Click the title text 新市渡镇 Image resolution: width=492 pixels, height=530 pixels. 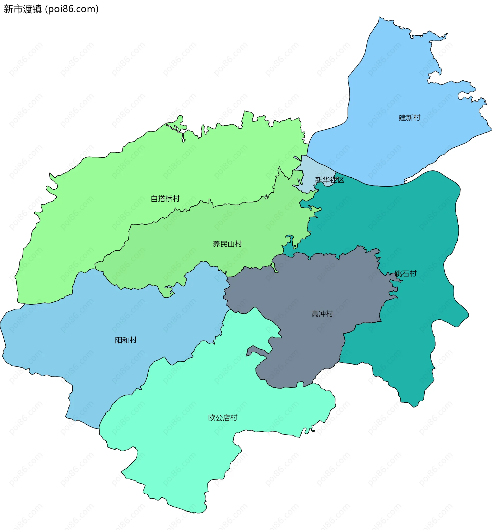tap(23, 9)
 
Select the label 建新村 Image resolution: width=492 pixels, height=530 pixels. tap(409, 117)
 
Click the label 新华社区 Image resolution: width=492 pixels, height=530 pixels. tap(329, 180)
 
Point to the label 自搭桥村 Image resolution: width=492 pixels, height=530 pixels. tap(165, 199)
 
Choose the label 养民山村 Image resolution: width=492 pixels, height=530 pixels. tap(227, 244)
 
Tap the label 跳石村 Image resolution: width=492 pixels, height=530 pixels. tap(405, 273)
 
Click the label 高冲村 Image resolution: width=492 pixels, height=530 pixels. tap(322, 314)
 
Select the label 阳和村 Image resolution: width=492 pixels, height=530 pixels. tap(126, 340)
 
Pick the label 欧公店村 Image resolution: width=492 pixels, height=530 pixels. tap(223, 417)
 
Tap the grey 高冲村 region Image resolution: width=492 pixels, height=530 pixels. tap(306, 288)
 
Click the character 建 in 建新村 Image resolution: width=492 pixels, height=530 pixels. tap(402, 117)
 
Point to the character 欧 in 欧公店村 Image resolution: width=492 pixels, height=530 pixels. tap(212, 417)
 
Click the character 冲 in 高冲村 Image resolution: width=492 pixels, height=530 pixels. tap(322, 314)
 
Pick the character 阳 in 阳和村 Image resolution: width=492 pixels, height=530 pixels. tap(118, 340)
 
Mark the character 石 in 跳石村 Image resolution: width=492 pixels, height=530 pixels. tap(405, 273)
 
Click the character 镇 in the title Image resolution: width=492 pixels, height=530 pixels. tap(37, 9)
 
